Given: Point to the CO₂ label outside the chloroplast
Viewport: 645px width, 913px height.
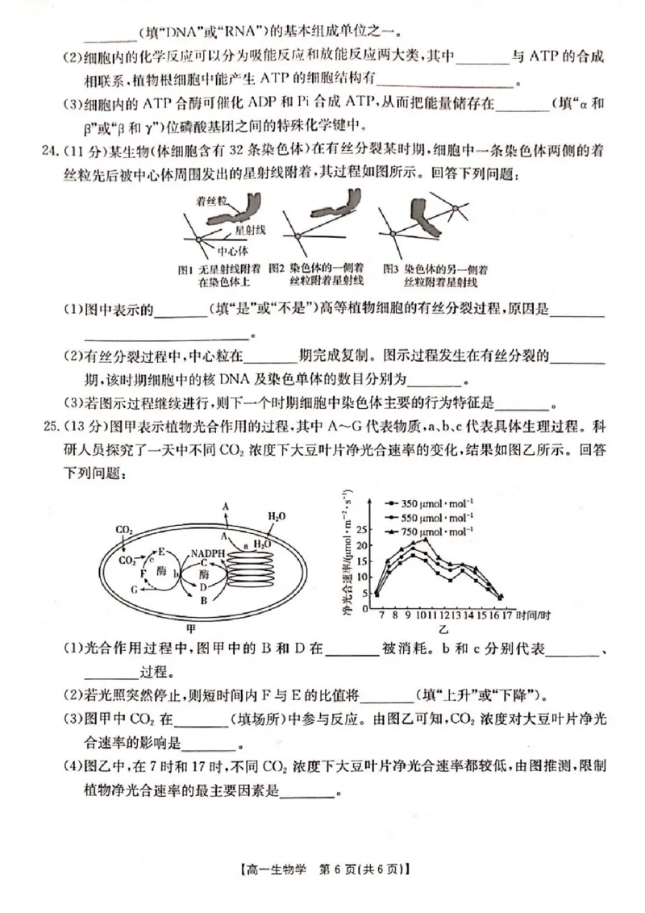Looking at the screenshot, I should (124, 530).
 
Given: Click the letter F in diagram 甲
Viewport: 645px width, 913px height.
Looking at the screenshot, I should (143, 571).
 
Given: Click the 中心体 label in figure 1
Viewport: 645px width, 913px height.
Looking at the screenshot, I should (233, 251).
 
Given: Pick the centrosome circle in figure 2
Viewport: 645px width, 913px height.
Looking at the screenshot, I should (297, 236).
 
